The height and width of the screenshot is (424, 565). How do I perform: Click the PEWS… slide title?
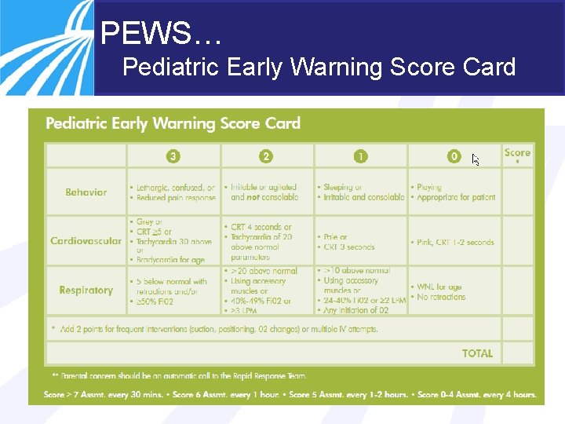tap(162, 34)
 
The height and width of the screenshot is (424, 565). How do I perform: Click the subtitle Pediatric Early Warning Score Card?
tap(319, 68)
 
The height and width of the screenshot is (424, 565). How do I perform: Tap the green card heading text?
tap(173, 123)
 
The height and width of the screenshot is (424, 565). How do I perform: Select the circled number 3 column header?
tap(173, 156)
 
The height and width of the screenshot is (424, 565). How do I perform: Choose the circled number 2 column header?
tap(267, 156)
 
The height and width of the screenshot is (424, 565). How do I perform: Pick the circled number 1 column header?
tap(360, 156)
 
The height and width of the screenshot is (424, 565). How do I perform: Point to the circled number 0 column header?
tap(454, 156)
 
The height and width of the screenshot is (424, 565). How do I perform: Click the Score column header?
tap(517, 153)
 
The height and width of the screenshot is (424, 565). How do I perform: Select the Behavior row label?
tap(86, 192)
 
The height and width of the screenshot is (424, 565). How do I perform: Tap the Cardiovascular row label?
tap(86, 241)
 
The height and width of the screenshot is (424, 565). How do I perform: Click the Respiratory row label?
tap(86, 291)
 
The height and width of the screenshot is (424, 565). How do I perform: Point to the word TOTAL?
tap(477, 353)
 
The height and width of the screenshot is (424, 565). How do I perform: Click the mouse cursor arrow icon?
tap(476, 159)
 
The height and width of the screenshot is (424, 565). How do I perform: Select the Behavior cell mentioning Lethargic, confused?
tap(173, 193)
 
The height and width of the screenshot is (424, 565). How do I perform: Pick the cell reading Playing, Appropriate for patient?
tap(453, 192)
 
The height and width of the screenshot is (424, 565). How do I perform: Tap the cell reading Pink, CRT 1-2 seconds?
tap(453, 242)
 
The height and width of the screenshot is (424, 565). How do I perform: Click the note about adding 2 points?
tap(213, 329)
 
